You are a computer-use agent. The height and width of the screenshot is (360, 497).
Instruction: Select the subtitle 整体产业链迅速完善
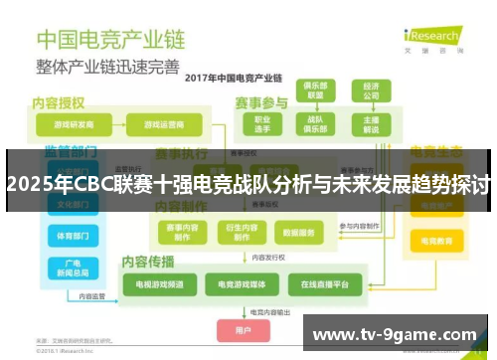[x=108, y=67]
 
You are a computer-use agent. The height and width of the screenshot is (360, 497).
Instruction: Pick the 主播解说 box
[x=370, y=124]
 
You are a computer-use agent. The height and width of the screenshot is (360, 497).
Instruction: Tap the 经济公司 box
[x=370, y=91]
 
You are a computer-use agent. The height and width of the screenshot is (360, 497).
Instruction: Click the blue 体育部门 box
[x=71, y=237]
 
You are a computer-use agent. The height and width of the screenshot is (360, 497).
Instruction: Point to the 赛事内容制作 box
[x=182, y=232]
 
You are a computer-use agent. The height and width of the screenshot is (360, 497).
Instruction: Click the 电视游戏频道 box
[x=153, y=285]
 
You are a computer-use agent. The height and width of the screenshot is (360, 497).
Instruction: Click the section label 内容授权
[x=59, y=102]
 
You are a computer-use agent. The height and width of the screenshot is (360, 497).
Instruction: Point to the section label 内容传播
[x=148, y=261]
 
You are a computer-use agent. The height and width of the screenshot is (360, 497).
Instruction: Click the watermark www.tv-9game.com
[x=396, y=334]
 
